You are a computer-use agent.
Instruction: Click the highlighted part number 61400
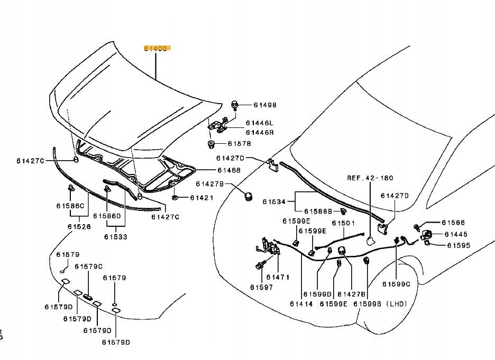coord(156,48)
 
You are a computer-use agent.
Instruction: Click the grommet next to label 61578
coord(210,143)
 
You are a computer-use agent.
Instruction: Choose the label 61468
coord(228,170)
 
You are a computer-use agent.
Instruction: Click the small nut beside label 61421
coord(174,198)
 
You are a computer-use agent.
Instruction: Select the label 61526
coord(79,226)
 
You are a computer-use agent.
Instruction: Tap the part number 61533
coord(115,237)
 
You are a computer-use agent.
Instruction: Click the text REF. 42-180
coord(370,178)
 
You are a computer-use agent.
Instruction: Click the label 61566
coord(453,223)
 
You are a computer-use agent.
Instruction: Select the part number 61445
coord(455,234)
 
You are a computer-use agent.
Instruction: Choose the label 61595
coord(458,245)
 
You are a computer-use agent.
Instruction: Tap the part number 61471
coord(277,277)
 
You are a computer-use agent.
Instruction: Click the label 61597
coord(262,287)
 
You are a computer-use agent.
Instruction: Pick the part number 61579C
coord(88,266)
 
